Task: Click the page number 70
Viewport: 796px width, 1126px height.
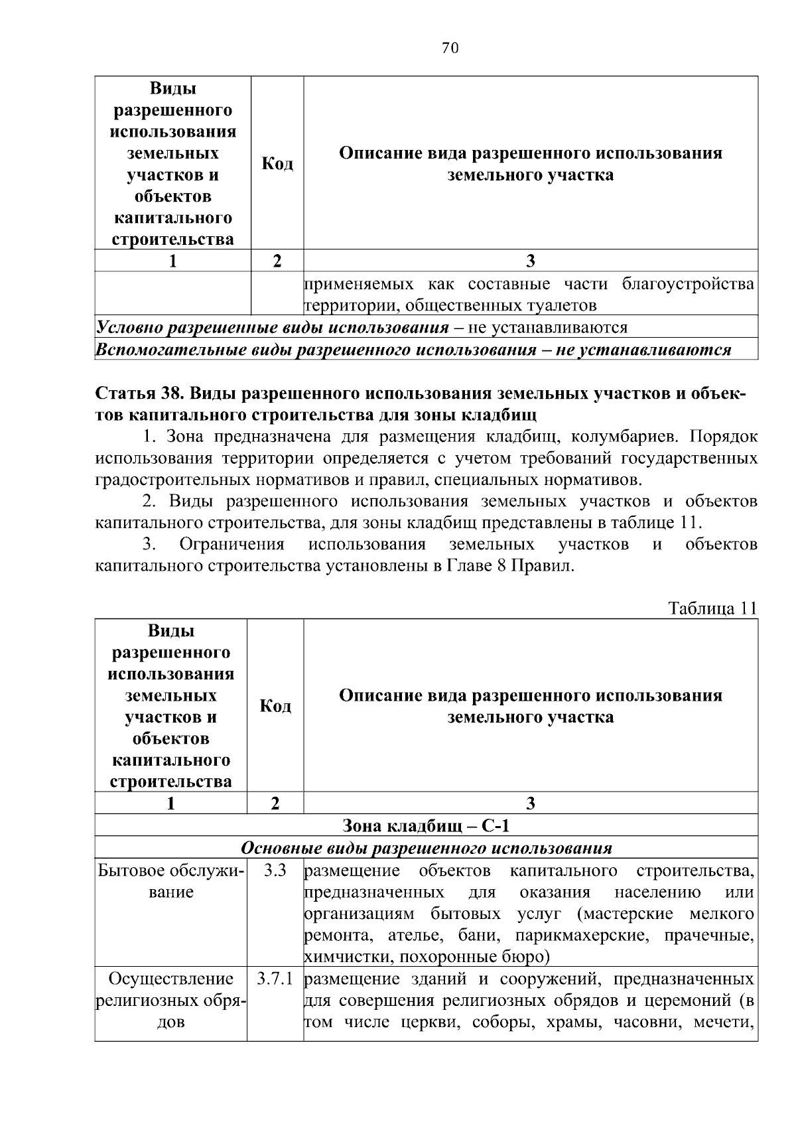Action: tap(450, 48)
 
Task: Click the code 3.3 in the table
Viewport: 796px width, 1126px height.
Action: tap(275, 870)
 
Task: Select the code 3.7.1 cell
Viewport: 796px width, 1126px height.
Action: tap(275, 979)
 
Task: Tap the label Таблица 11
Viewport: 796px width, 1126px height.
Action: tap(712, 608)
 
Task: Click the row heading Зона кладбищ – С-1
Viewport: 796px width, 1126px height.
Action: tap(426, 825)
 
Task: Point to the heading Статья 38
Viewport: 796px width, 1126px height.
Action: tap(140, 393)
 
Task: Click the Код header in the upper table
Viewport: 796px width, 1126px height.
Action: tap(277, 163)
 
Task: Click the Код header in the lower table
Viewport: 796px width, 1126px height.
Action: tap(275, 705)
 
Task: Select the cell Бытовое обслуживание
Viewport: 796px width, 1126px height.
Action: tap(170, 880)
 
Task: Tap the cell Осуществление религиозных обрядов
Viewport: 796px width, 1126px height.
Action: tap(170, 1001)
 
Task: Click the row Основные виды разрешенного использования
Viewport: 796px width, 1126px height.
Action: tap(426, 847)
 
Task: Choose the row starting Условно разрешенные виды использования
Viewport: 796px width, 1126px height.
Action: tap(362, 327)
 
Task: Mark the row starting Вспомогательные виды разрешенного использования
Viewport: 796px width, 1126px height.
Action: tap(413, 350)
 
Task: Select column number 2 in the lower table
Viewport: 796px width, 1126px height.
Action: tap(275, 804)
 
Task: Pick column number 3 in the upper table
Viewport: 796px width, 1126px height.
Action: tap(530, 261)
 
